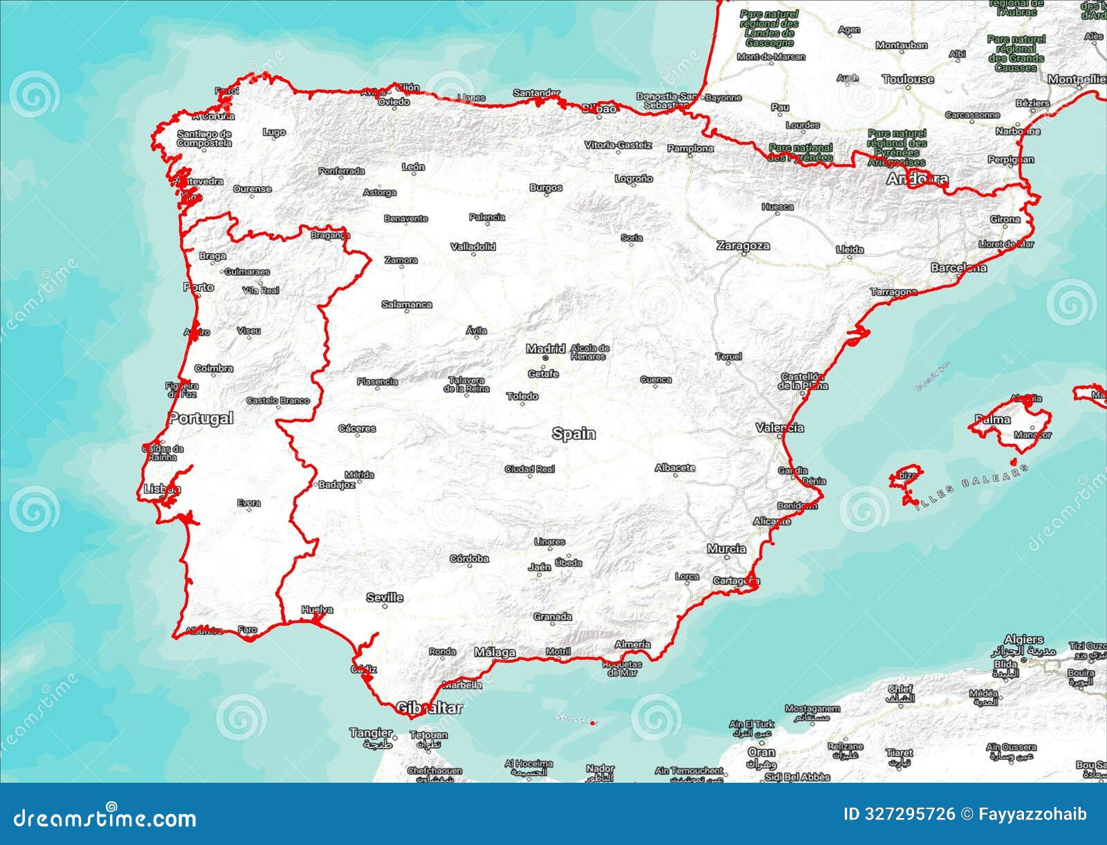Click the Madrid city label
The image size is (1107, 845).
point(545,349)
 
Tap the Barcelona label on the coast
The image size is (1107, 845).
point(958,267)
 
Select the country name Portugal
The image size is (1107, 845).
point(201,418)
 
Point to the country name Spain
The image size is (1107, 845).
point(574,434)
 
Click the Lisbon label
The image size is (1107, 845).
point(162,489)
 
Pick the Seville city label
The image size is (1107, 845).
point(385,597)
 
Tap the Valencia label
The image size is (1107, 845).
point(780,427)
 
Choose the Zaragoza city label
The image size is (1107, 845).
point(743,245)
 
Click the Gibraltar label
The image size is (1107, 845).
point(429,707)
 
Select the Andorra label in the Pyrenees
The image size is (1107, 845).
point(917,179)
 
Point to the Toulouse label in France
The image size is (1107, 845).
point(908,80)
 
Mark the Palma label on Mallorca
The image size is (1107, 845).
point(992,419)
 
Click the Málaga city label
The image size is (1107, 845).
point(495,652)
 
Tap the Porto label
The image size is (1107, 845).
point(199,287)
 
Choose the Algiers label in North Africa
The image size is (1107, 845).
point(1023,640)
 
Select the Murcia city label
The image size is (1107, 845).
point(726,548)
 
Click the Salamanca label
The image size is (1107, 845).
point(407,304)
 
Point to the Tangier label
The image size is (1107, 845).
point(370,732)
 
